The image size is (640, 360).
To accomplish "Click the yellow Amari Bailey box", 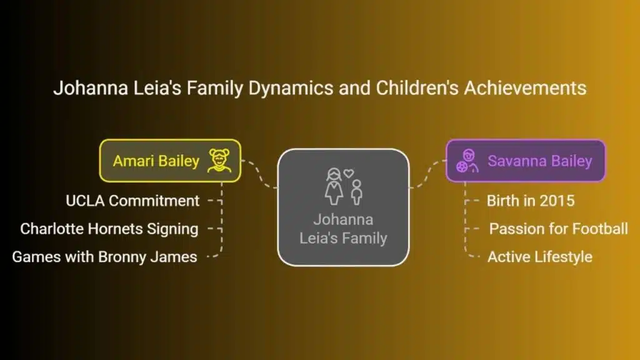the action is (170, 161).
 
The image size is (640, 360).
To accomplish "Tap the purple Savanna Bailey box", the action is (526, 161).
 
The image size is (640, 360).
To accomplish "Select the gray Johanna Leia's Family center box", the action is (343, 207).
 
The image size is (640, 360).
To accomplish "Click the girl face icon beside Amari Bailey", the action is (219, 161).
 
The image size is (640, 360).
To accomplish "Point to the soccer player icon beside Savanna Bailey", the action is (467, 161).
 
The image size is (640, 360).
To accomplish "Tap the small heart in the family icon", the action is (349, 173).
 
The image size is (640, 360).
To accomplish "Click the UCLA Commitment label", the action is (132, 201).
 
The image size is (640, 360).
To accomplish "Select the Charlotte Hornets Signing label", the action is (109, 229).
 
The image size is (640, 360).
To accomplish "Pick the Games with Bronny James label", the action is (104, 257).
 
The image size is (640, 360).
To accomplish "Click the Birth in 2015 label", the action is (531, 201).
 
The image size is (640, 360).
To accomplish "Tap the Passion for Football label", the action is (558, 229).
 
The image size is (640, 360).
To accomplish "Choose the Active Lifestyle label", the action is (540, 257).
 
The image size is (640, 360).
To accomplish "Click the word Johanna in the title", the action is (91, 88).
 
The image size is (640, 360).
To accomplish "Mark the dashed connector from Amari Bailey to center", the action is (259, 174).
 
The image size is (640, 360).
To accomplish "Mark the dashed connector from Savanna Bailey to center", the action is (427, 174).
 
